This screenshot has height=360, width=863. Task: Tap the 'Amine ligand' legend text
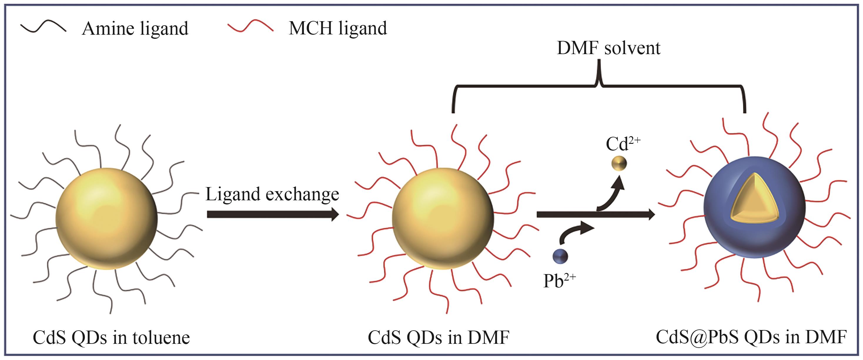point(135,29)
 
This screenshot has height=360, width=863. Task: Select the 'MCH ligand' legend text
point(338,29)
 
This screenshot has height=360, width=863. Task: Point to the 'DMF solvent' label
point(608,48)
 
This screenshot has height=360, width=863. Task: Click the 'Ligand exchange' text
point(272,195)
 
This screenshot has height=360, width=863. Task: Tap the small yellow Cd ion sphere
point(618,164)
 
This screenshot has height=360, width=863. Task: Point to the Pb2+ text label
point(559,281)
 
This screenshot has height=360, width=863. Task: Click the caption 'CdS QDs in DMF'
point(439,338)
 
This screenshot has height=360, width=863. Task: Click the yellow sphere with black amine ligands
point(106,219)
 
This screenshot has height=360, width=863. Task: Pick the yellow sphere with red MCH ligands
point(442,219)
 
